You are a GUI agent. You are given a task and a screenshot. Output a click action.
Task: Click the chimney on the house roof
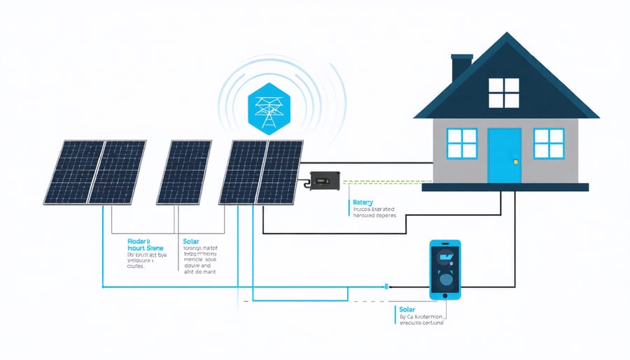461,68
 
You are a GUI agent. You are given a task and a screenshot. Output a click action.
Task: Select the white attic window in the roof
503,93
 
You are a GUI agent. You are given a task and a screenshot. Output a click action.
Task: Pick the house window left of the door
461,144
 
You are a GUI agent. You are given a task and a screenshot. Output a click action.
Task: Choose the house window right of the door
549,144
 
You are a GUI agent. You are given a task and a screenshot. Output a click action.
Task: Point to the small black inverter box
323,181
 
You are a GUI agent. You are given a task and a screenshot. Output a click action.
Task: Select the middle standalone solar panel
184,172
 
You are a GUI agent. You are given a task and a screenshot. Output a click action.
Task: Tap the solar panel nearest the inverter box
280,172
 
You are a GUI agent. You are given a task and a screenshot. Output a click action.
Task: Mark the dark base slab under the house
505,187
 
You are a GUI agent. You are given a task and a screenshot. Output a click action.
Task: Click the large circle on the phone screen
445,281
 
